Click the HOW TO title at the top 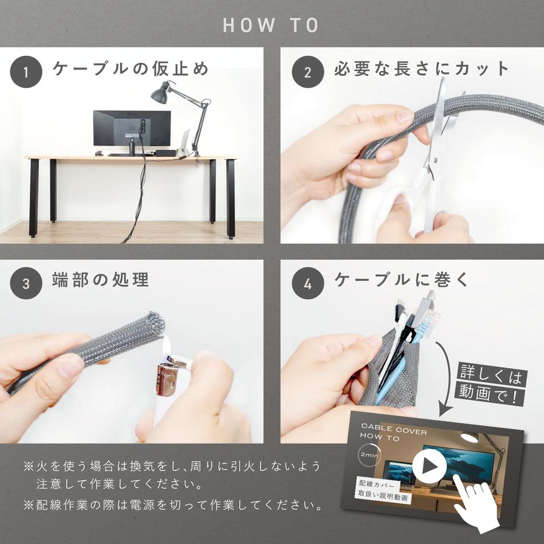271,25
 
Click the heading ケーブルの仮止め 130,69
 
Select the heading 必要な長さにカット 421,69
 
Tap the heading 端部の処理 100,280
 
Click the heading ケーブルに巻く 402,280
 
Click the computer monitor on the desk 132,128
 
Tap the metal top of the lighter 168,379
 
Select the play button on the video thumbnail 429,467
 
